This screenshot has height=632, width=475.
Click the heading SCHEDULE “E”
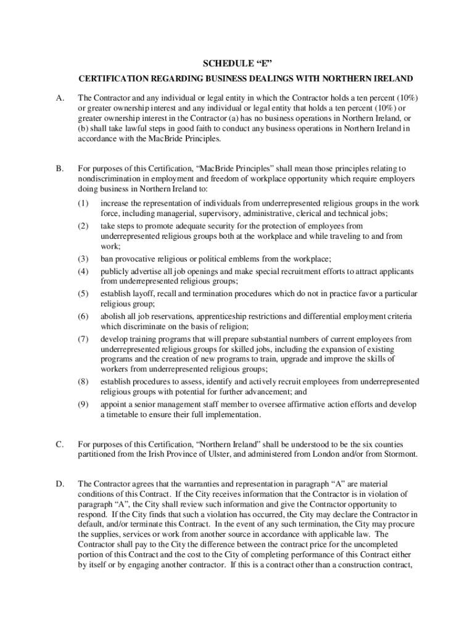point(238,64)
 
